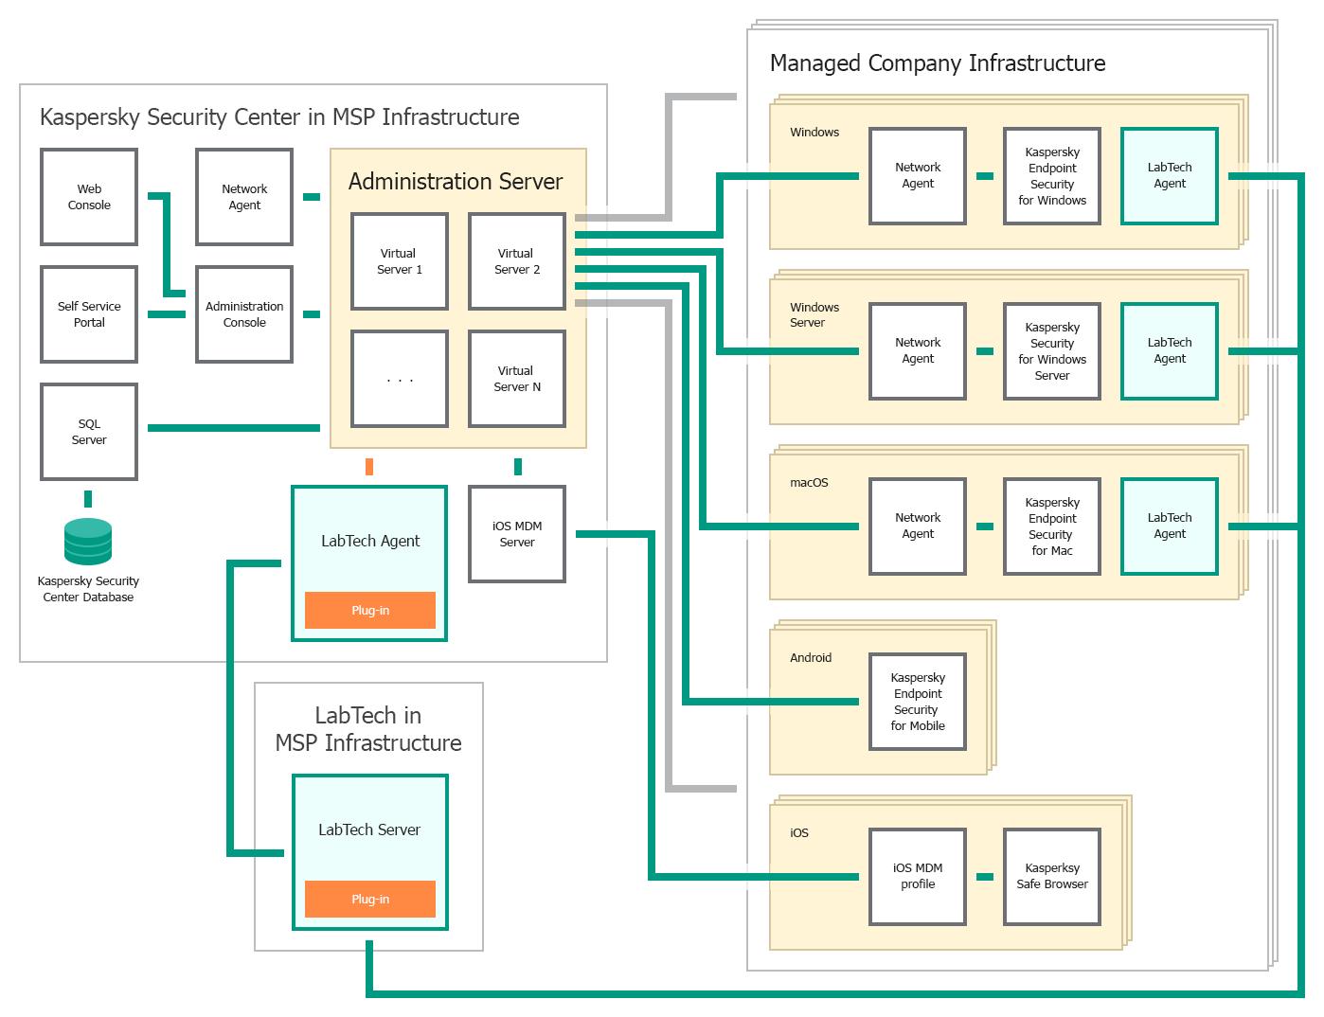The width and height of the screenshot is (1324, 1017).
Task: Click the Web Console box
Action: point(89,197)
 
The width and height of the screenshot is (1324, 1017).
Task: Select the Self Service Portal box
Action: point(89,314)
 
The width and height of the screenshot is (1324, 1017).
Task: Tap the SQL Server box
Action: point(89,432)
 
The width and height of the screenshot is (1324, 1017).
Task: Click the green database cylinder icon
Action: point(88,542)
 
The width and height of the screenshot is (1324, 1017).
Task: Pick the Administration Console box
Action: point(244,314)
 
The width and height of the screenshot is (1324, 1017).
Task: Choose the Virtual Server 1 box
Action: point(399,261)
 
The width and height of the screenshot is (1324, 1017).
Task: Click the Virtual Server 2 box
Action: point(517,261)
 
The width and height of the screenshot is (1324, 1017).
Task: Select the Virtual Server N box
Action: point(517,379)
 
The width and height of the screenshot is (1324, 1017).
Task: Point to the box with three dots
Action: point(399,379)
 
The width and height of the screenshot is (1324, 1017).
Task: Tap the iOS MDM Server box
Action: point(517,534)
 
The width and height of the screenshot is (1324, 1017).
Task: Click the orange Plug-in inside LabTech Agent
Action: point(370,611)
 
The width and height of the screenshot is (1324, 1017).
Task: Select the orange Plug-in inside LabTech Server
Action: point(370,900)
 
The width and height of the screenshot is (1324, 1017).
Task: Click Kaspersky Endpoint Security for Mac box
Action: point(1052,526)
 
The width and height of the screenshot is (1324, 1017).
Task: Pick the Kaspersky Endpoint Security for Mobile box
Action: point(918,702)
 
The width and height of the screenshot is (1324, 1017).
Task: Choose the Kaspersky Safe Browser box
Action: point(1052,877)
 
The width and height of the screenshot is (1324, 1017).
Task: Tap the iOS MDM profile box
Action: point(918,877)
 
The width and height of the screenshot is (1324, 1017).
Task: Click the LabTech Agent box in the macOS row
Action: point(1170,526)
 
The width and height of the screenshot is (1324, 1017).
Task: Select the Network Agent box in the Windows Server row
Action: point(918,351)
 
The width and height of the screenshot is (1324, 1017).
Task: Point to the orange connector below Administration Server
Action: point(369,467)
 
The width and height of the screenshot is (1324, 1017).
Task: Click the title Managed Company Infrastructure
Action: point(938,63)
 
